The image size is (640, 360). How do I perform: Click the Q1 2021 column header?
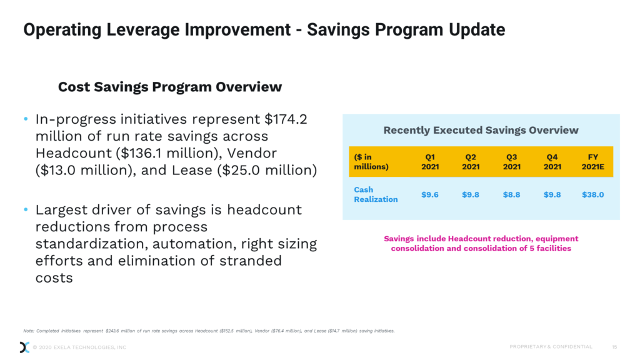pyautogui.click(x=429, y=162)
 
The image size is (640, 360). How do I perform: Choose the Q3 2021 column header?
pyautogui.click(x=511, y=162)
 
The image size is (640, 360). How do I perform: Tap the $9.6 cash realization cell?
pyautogui.click(x=429, y=194)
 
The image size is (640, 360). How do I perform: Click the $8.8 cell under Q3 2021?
pyautogui.click(x=511, y=194)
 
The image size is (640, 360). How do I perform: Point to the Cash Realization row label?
pyautogui.click(x=375, y=194)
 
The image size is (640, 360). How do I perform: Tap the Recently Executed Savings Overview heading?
pyautogui.click(x=481, y=130)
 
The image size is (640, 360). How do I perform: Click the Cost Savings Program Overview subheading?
pyautogui.click(x=170, y=87)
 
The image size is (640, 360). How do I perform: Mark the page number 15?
pyautogui.click(x=614, y=347)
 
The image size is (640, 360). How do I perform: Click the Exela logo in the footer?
pyautogui.click(x=24, y=347)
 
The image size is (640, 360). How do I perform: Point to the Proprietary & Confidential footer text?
pyautogui.click(x=551, y=347)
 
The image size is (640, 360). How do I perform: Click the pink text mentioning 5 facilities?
pyautogui.click(x=481, y=248)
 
